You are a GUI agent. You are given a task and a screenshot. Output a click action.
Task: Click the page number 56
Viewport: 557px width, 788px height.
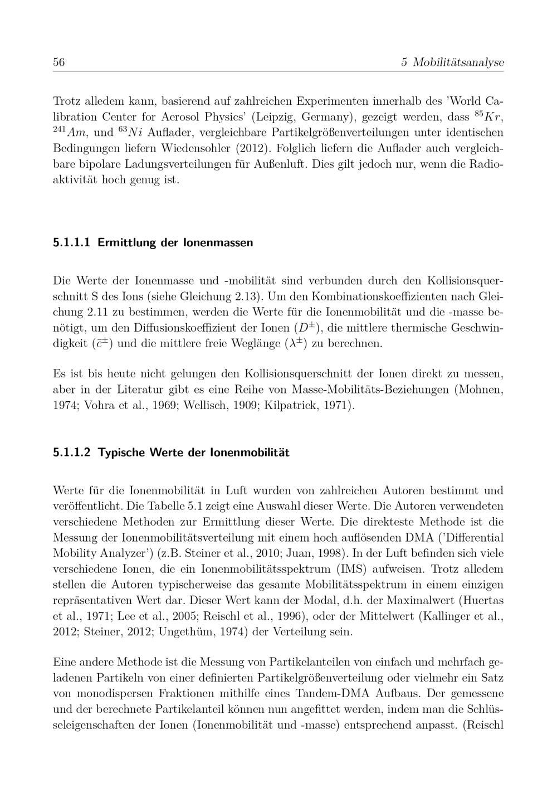point(59,62)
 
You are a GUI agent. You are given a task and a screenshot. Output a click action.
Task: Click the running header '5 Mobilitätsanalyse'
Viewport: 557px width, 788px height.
point(452,62)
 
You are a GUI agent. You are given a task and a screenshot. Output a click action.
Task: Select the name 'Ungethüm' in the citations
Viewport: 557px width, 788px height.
point(183,632)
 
